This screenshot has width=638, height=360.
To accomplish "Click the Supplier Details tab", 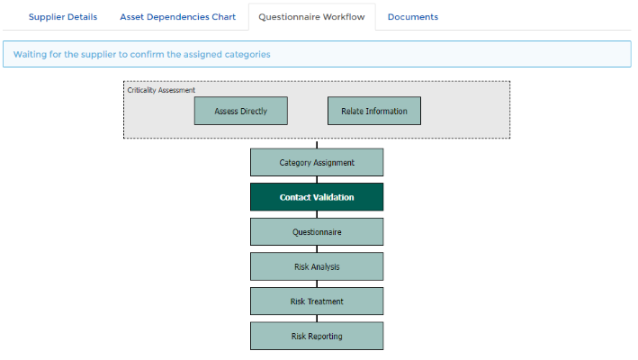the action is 63,17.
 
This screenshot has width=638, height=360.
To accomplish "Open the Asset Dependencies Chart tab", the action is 177,17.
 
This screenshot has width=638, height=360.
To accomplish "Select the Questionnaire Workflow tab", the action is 311,17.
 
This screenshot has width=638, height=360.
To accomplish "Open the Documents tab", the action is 412,17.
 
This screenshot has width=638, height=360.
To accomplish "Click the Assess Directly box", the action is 241,111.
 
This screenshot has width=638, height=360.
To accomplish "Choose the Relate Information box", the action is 374,111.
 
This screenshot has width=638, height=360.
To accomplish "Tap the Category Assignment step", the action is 317,162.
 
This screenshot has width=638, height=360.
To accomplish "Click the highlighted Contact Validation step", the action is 317,197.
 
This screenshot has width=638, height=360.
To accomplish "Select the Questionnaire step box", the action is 317,232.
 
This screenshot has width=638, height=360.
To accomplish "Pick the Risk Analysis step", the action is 317,266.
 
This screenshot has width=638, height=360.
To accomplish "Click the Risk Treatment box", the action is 317,301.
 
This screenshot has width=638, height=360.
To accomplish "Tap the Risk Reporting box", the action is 317,336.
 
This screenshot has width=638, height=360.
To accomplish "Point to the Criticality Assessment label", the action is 161,90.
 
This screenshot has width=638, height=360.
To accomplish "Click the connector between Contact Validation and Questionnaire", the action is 317,214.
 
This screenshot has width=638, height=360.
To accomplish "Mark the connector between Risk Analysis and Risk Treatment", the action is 317,283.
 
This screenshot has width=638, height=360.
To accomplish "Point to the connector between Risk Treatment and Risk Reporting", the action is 317,319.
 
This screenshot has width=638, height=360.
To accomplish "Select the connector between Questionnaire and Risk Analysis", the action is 317,249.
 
